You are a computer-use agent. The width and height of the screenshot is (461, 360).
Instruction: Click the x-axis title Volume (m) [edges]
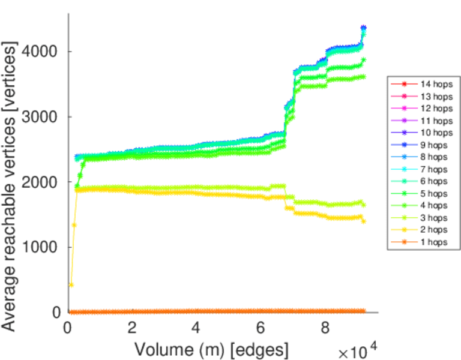pos(211,348)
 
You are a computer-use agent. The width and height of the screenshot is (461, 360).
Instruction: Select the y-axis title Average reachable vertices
pos(10,186)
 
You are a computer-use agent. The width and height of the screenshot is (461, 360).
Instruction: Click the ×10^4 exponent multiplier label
pos(360,349)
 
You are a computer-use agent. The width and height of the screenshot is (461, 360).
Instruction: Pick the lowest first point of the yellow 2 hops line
pos(71,284)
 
